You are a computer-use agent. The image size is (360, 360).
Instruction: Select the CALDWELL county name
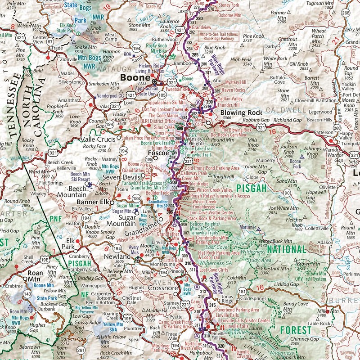pyautogui.click(x=287, y=110)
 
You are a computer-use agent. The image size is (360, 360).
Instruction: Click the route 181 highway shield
pyautogui.click(x=242, y=291)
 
